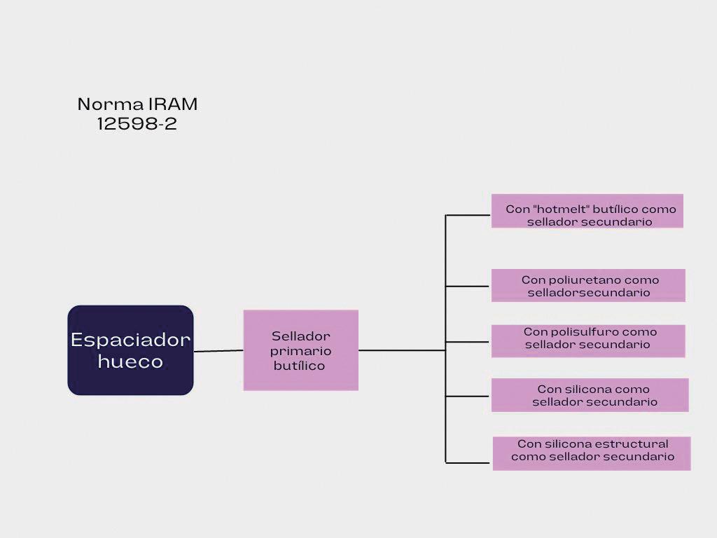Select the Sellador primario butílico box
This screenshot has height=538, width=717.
(x=300, y=350)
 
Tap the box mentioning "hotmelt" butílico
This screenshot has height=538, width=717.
(x=587, y=211)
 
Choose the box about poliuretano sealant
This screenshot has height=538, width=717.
(x=588, y=286)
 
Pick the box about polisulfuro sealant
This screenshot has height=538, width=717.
(x=588, y=341)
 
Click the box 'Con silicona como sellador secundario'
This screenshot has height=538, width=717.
(x=590, y=395)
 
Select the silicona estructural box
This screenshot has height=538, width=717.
(x=592, y=453)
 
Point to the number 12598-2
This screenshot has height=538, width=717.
(x=137, y=125)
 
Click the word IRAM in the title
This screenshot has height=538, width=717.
(x=173, y=104)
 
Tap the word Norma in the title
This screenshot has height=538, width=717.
(x=110, y=104)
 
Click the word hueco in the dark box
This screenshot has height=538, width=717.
(x=130, y=362)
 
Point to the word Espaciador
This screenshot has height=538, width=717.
(x=130, y=340)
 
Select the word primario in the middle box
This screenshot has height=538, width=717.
(x=300, y=351)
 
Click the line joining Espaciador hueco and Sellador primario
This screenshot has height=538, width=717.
(x=218, y=351)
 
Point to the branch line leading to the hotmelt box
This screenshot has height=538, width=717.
(x=468, y=215)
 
